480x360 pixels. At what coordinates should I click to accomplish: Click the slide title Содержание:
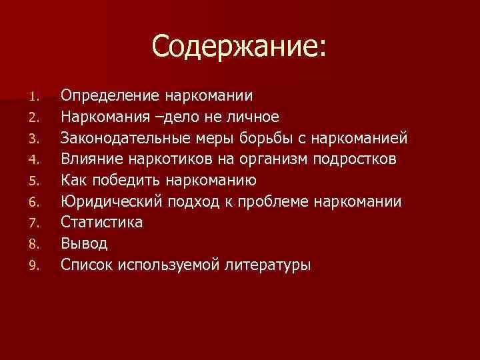[x=239, y=47]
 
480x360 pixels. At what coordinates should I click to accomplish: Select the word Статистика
[x=102, y=223]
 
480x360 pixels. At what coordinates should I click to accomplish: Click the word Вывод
[x=84, y=244]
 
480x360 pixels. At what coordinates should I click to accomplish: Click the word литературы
[x=273, y=265]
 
